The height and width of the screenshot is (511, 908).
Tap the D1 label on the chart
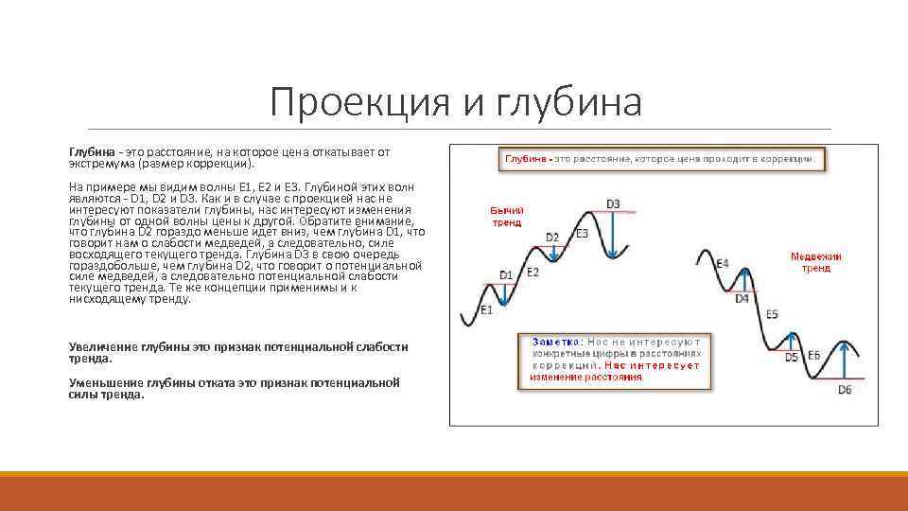506,275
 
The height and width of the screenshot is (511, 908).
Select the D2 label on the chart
552,237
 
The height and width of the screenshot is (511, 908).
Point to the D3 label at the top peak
613,203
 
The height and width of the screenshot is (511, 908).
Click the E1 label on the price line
486,310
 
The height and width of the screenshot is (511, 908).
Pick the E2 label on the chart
533,273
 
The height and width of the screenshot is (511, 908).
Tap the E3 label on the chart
582,234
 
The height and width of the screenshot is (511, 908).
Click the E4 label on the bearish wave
723,263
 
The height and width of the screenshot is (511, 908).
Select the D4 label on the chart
742,298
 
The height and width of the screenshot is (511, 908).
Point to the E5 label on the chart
772,314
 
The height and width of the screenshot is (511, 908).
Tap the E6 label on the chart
813,356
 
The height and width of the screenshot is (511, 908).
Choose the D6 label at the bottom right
845,389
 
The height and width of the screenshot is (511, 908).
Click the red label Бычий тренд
506,217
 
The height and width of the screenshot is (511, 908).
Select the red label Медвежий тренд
816,262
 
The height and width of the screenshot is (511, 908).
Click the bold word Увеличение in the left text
104,347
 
